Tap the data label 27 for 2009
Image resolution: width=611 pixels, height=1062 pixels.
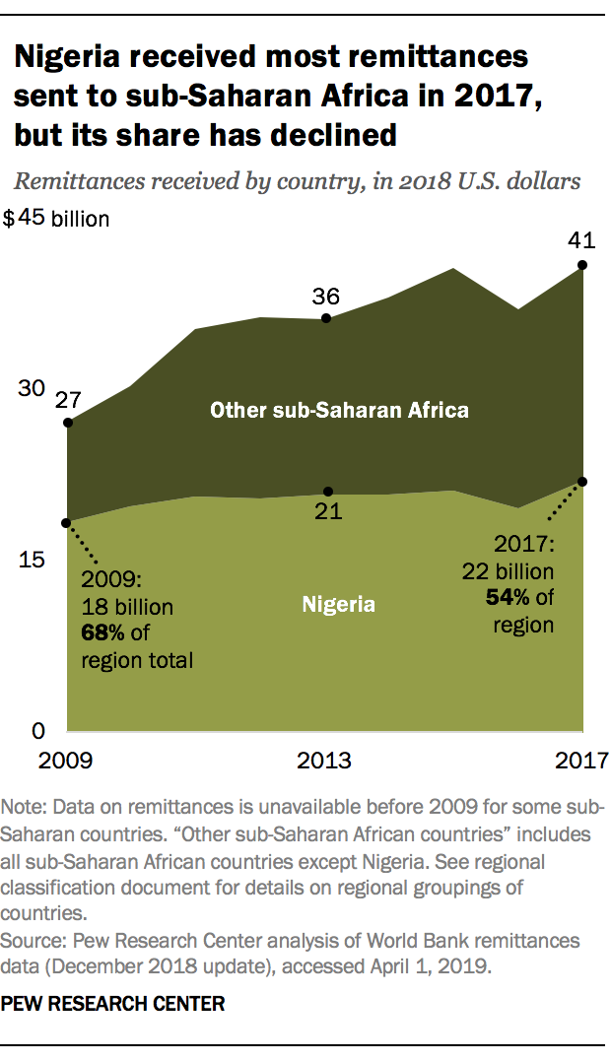67,399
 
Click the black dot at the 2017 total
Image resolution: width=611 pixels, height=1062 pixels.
582,265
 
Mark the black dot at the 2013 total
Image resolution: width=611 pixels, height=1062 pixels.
327,318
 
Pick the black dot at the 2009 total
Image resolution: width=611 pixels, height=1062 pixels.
67,423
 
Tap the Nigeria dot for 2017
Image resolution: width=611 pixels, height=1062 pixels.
582,482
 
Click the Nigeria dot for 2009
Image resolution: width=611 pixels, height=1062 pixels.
67,523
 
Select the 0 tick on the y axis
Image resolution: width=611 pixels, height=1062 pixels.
37,731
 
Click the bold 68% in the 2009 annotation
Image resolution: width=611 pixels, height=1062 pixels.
102,631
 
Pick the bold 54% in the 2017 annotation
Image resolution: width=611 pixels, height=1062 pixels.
506,597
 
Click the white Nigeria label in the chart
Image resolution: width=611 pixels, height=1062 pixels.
338,604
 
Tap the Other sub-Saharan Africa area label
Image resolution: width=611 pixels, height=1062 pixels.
339,410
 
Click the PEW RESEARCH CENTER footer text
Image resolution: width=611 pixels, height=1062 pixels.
112,1006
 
